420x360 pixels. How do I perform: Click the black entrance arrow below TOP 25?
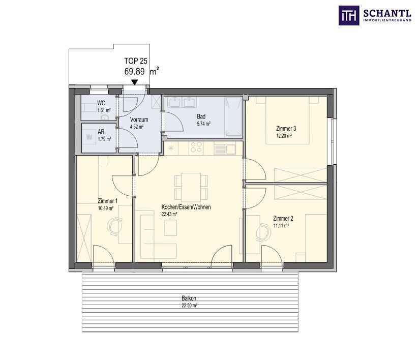[x=135, y=82]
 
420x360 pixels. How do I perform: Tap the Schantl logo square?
[x=348, y=16]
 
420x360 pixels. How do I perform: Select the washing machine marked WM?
[x=89, y=137]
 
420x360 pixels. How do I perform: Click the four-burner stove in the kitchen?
[x=196, y=148]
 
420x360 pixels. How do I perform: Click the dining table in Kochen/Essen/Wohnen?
[x=191, y=187]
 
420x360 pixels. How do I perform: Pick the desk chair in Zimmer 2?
[x=263, y=232]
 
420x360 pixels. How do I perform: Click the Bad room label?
[x=201, y=116]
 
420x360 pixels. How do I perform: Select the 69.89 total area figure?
[x=134, y=72]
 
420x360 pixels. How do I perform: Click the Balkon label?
[x=189, y=298]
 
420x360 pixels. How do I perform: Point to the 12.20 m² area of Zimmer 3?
[x=284, y=136]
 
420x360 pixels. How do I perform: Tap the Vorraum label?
[x=139, y=119]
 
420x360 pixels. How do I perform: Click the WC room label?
[x=101, y=103]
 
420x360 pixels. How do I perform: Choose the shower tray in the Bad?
[x=233, y=117]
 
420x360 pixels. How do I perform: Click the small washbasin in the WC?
[x=104, y=117]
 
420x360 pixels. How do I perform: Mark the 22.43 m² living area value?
[x=169, y=214]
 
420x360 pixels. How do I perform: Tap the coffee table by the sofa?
[x=170, y=228]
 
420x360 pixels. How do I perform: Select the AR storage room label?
[x=101, y=132]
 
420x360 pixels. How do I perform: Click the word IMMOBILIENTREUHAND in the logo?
[x=387, y=20]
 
